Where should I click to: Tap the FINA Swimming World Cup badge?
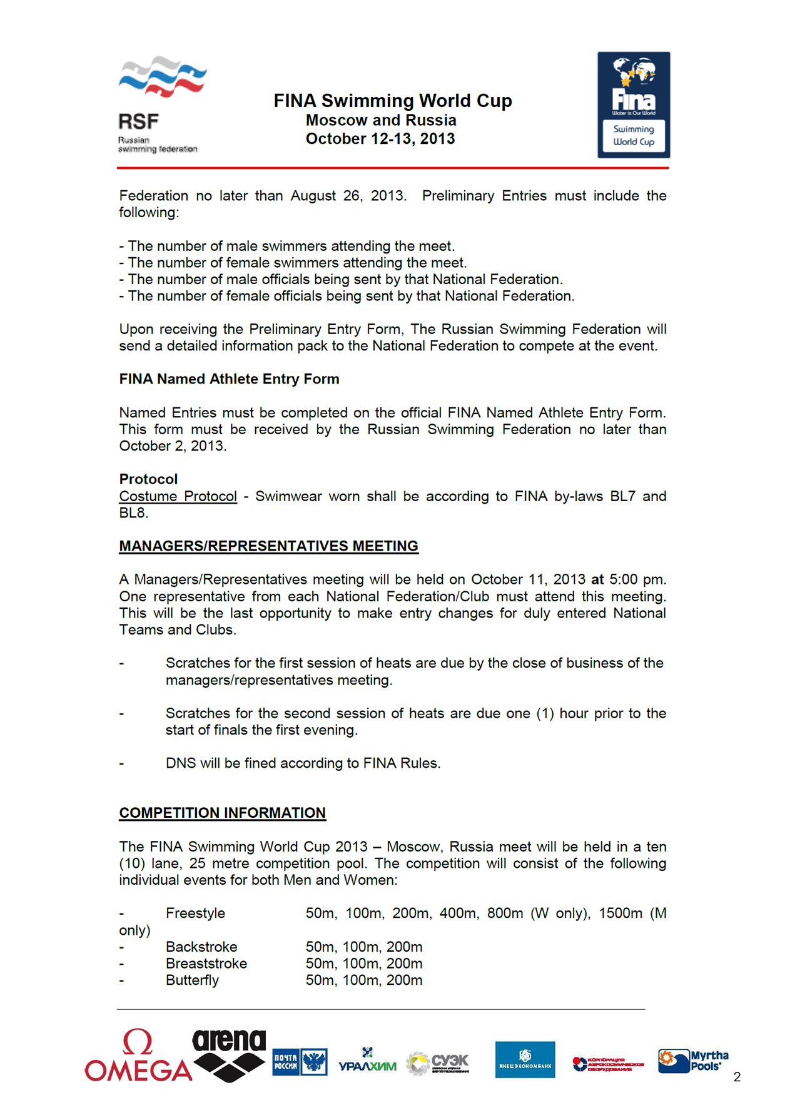click(x=633, y=104)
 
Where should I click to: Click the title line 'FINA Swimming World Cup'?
click(x=392, y=101)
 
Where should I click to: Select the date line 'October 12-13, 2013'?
click(x=380, y=139)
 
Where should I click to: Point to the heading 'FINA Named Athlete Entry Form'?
click(x=229, y=379)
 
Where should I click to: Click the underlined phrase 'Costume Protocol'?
click(x=178, y=496)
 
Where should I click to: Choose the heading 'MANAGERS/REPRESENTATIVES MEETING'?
click(x=268, y=546)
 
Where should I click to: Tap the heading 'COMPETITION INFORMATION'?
click(x=222, y=813)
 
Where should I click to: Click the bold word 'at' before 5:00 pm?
click(x=597, y=579)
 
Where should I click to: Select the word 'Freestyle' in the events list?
click(x=195, y=914)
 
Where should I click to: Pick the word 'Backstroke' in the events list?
click(x=201, y=947)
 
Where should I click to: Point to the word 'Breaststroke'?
click(x=206, y=964)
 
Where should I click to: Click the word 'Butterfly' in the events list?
click(x=192, y=980)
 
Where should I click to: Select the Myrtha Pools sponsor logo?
click(x=693, y=1061)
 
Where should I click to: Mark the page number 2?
click(x=737, y=1077)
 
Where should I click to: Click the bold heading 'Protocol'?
click(x=148, y=479)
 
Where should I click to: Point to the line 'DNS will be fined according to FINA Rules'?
click(x=303, y=763)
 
